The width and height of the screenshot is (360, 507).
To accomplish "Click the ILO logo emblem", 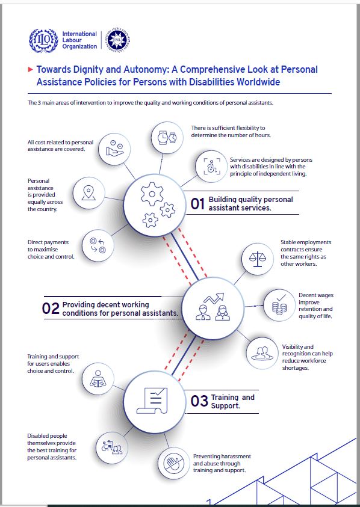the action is point(43,40).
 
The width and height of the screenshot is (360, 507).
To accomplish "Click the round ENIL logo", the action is point(118,38).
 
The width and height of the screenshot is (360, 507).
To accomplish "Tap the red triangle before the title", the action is point(31,70).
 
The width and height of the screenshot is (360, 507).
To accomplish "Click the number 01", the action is point(197,204).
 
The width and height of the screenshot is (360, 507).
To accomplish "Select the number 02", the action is point(51,309).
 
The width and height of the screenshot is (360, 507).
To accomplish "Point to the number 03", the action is point(199,401).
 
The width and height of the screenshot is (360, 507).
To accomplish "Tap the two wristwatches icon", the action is point(167,137).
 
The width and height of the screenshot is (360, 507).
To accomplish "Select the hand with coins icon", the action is point(114,149).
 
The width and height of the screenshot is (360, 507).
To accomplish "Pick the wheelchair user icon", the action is point(212,166).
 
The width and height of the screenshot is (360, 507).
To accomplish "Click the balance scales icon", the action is point(258,259).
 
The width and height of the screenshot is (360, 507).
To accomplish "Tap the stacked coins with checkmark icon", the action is point(279,305).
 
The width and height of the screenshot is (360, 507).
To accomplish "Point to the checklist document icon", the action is point(152,401).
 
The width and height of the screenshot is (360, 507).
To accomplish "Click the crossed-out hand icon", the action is point(174,463).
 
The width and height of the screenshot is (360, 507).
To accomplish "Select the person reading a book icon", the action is point(98,378).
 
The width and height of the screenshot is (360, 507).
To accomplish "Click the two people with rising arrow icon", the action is point(213,307).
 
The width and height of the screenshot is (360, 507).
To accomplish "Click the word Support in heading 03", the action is point(225,406).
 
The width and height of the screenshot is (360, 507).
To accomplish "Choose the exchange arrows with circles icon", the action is point(98,245).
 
